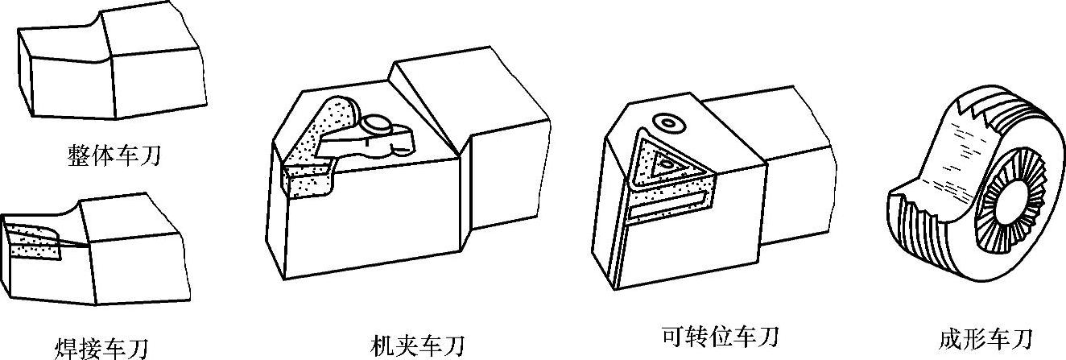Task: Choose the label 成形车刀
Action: (x=985, y=337)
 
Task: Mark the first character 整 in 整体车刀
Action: (x=78, y=154)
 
